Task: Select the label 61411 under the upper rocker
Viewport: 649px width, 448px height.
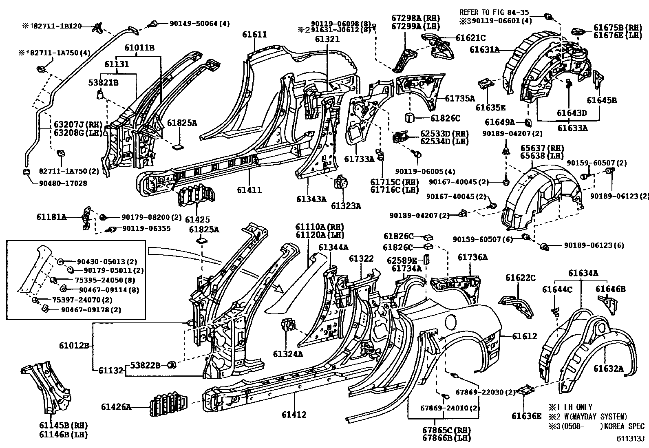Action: point(249,190)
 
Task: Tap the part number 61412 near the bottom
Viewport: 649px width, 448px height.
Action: point(294,415)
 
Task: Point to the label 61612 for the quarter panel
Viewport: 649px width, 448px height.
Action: point(524,336)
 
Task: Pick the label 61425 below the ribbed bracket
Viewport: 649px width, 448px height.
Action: point(197,220)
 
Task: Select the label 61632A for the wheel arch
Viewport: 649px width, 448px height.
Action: point(608,369)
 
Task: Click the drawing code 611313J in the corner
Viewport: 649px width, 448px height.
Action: point(630,439)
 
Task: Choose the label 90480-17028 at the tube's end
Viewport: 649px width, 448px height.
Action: point(63,183)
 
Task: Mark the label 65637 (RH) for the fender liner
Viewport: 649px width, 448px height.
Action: point(540,148)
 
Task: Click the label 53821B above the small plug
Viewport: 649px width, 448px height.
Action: point(104,83)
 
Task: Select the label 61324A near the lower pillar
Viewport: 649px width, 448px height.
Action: point(288,354)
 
